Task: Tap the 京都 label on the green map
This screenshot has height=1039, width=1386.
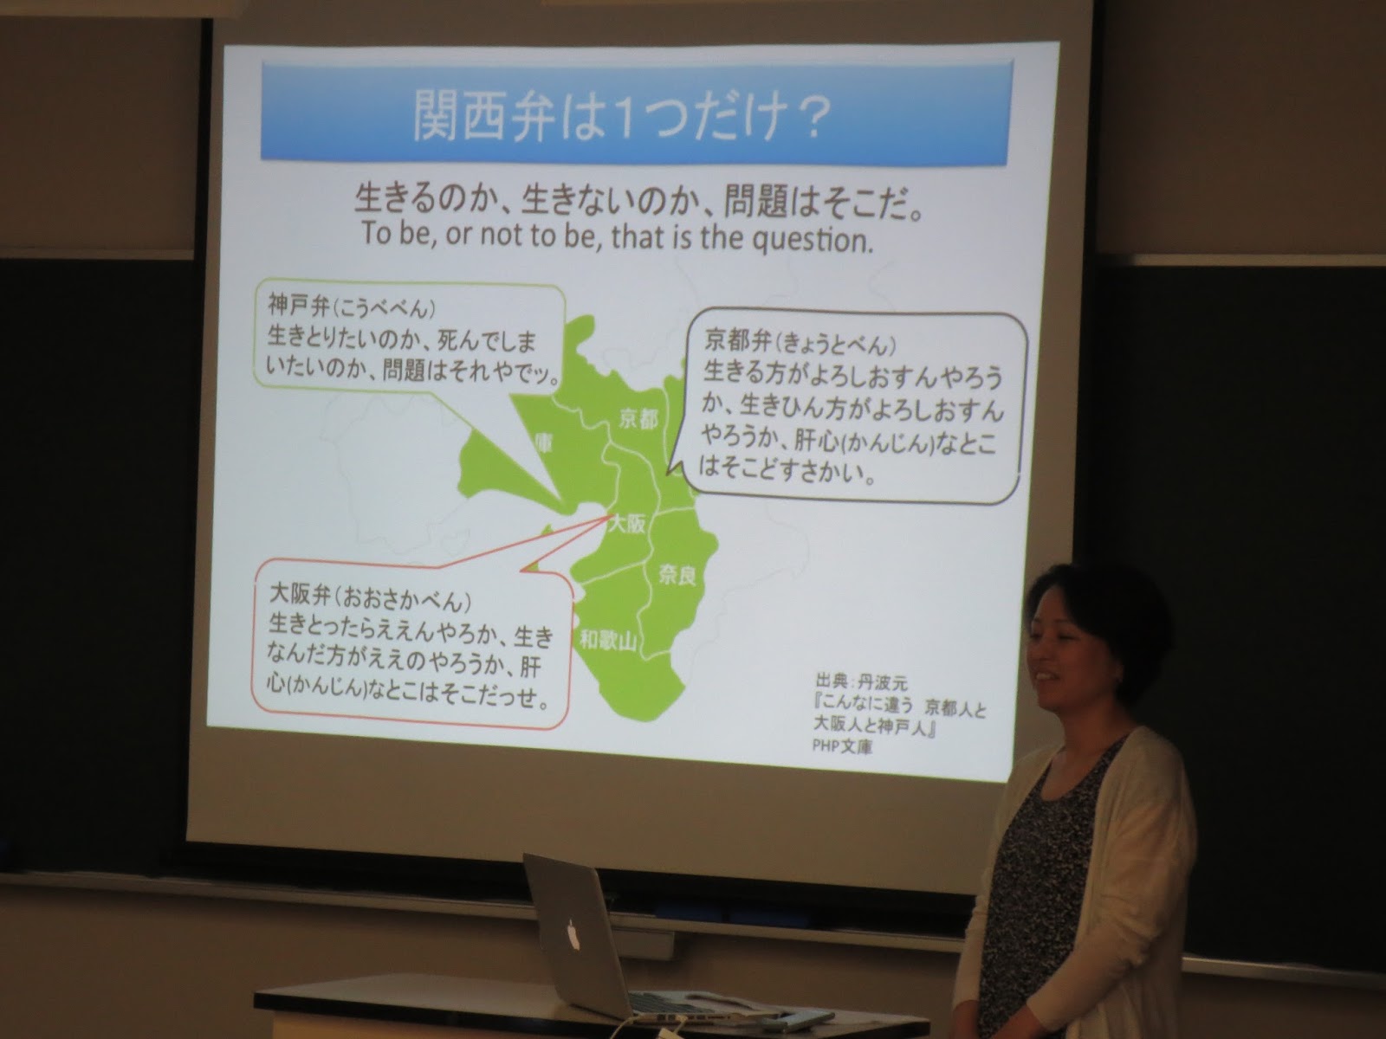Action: coord(638,419)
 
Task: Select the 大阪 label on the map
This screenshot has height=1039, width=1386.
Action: coord(625,524)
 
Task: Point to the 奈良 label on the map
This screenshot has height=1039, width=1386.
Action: coord(677,575)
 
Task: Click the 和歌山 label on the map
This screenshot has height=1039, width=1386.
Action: coord(609,641)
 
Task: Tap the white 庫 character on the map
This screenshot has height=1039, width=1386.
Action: coord(542,442)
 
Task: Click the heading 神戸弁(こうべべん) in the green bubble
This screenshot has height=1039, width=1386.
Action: coord(353,307)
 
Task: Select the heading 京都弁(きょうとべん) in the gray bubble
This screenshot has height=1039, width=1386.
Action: coord(801,343)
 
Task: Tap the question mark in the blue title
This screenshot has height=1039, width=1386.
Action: coord(805,118)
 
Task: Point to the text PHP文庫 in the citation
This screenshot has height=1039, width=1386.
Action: coord(842,747)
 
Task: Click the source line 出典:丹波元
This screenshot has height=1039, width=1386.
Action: coord(861,683)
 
